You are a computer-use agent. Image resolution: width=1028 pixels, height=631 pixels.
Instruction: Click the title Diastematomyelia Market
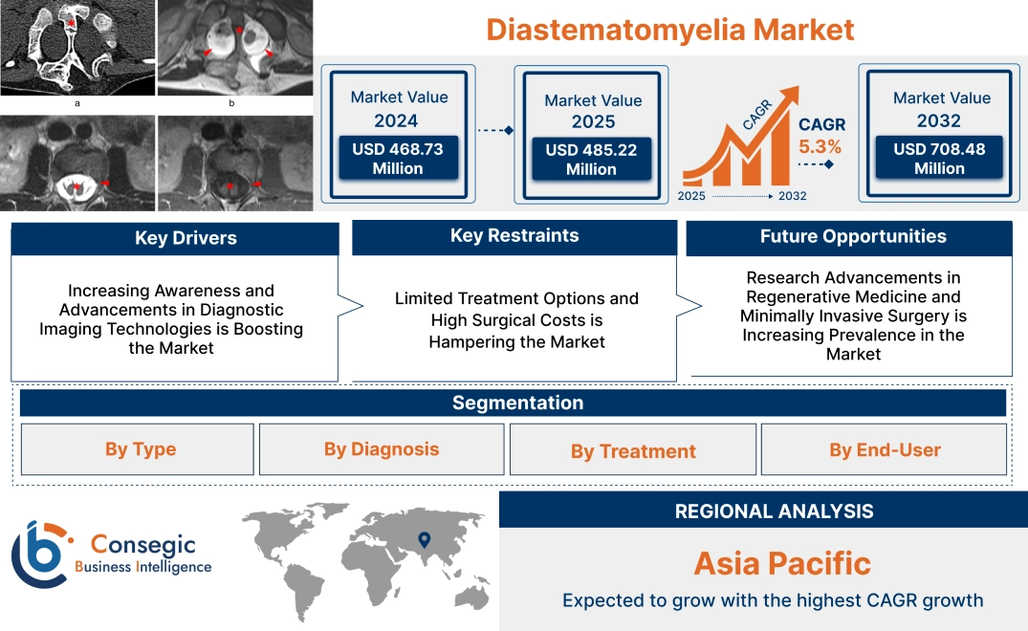pos(669,29)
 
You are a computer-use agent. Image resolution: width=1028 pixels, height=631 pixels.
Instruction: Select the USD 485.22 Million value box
pos(590,160)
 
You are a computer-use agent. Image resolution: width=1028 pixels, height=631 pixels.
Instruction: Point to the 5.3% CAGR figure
pos(820,146)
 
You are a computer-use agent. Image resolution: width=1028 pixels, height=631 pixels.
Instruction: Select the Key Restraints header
pos(514,236)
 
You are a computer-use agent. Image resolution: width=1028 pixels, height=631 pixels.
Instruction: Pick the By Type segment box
pos(140,449)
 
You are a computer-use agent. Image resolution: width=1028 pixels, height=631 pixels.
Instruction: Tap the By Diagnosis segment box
pos(382,449)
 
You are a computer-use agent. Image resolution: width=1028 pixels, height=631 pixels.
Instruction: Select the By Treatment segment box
pos(633,450)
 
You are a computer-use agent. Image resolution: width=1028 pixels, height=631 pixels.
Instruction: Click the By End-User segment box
pos(885,449)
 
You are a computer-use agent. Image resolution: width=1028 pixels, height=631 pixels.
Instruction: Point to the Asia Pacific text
pos(781,563)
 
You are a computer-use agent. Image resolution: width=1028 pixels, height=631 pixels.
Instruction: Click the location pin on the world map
pos(424,541)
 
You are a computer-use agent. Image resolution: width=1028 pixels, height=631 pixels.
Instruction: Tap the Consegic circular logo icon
pos(38,555)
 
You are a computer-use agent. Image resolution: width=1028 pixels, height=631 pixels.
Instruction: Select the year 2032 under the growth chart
pos(792,196)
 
